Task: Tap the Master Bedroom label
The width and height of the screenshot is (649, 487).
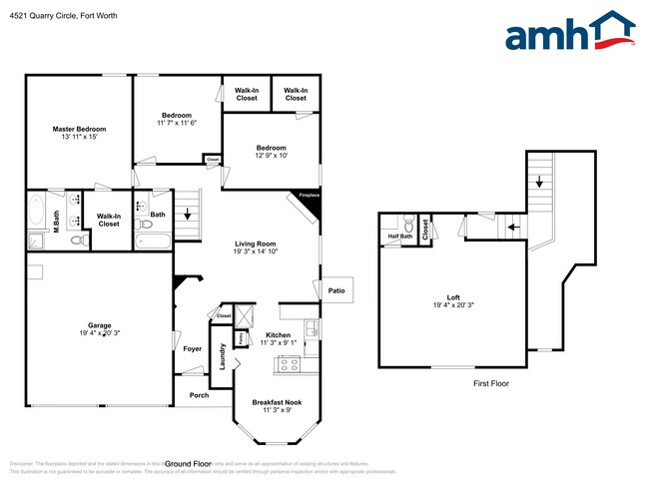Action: [79, 130]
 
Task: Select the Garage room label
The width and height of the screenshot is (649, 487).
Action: [99, 325]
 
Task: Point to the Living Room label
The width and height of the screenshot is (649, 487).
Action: [255, 243]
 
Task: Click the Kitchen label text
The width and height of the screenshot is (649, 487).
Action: [278, 335]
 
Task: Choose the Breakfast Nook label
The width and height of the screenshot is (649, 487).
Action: [276, 402]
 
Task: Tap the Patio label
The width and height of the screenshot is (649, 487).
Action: [336, 290]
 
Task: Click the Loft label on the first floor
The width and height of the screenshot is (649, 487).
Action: [452, 297]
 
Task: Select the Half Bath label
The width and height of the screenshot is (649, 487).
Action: [400, 237]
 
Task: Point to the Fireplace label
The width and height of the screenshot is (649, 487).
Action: [308, 196]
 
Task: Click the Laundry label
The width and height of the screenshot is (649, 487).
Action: [223, 357]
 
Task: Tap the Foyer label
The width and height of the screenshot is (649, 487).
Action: [193, 349]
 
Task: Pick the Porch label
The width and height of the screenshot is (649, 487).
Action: [200, 395]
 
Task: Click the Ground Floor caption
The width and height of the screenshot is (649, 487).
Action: [188, 464]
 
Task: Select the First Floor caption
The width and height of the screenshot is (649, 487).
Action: [490, 383]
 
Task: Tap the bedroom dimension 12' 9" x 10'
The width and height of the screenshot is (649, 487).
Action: [271, 156]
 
